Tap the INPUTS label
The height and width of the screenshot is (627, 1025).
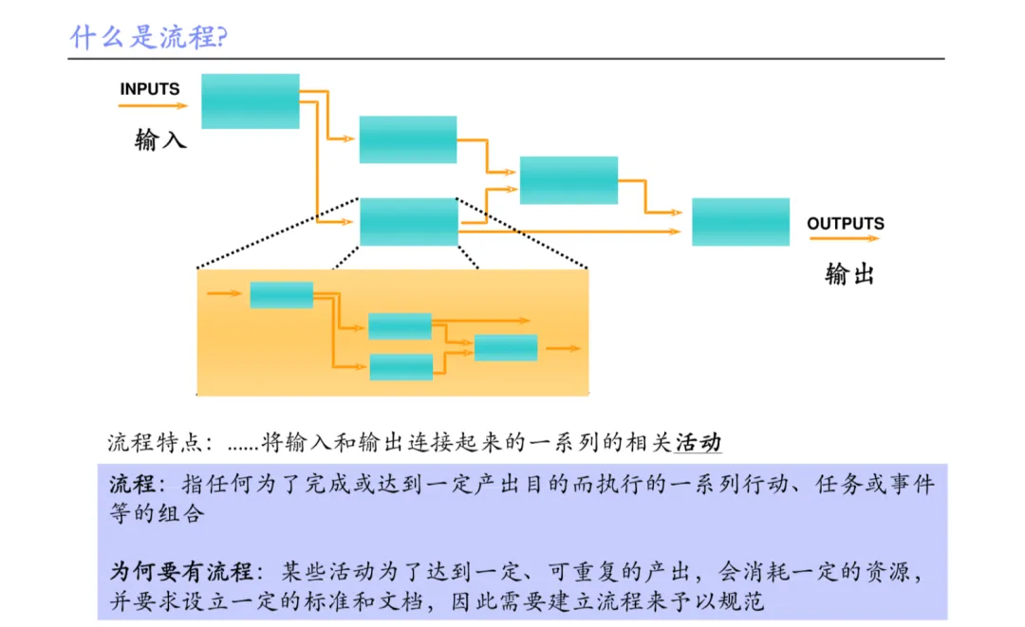pyautogui.click(x=149, y=89)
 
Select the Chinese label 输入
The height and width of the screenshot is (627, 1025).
pyautogui.click(x=160, y=141)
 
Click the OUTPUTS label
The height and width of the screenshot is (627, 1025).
pyautogui.click(x=845, y=224)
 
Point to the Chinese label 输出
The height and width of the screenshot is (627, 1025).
pyautogui.click(x=849, y=275)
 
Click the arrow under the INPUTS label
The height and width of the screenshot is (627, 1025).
pyautogui.click(x=153, y=106)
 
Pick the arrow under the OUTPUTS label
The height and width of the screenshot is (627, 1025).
pyautogui.click(x=846, y=241)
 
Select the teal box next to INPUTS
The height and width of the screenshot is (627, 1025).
pyautogui.click(x=251, y=101)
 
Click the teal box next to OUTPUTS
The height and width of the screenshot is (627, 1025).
pyautogui.click(x=740, y=222)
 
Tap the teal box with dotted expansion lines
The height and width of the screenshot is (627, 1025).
pyautogui.click(x=408, y=222)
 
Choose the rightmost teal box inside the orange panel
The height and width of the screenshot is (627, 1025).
pyautogui.click(x=506, y=348)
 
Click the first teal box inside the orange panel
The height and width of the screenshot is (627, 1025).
pyautogui.click(x=281, y=295)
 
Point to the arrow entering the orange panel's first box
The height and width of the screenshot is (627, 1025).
pyautogui.click(x=224, y=294)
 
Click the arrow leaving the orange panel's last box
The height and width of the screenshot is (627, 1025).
pyautogui.click(x=563, y=348)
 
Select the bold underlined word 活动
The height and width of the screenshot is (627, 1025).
pyautogui.click(x=698, y=443)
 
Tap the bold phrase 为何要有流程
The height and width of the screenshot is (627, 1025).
pyautogui.click(x=181, y=572)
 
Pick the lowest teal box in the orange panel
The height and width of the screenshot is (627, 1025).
pyautogui.click(x=401, y=367)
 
